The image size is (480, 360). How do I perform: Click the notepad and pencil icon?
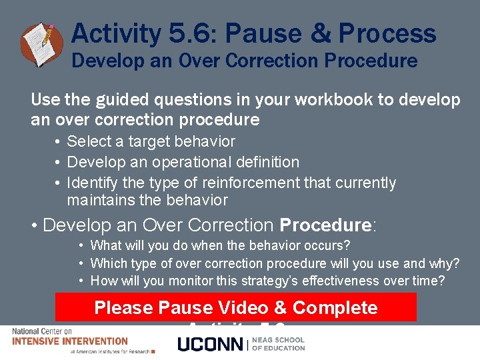pos(42,44)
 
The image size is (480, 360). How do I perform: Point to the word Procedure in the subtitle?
pos(371,61)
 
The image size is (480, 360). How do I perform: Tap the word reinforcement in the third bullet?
pos(255,183)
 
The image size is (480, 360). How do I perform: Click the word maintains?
pos(99,200)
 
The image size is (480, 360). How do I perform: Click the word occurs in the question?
pos(327,245)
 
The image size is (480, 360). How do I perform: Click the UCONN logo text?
pos(211,344)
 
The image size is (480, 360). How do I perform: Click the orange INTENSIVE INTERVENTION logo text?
pos(70,341)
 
